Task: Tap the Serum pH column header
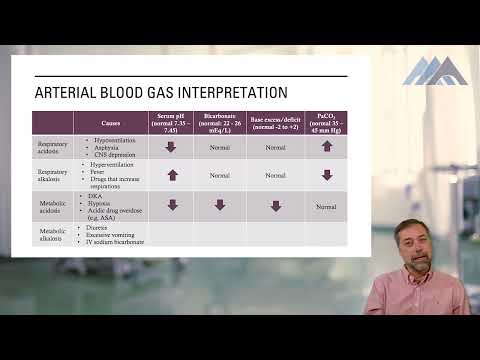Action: pos(171,122)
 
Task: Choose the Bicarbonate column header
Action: pos(219,122)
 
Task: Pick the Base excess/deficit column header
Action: pos(275,122)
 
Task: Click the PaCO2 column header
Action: pos(326,122)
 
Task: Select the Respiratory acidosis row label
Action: pos(53,146)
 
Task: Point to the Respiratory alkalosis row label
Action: pos(53,175)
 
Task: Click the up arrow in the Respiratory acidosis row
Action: pos(327,146)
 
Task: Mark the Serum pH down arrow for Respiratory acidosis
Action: pos(171,146)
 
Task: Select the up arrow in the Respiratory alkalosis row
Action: pos(171,175)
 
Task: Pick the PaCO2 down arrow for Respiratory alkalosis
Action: pos(327,175)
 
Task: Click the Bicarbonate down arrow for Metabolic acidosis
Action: pos(219,205)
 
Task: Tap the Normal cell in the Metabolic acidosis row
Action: pos(326,206)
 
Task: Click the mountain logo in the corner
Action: pos(435,70)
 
